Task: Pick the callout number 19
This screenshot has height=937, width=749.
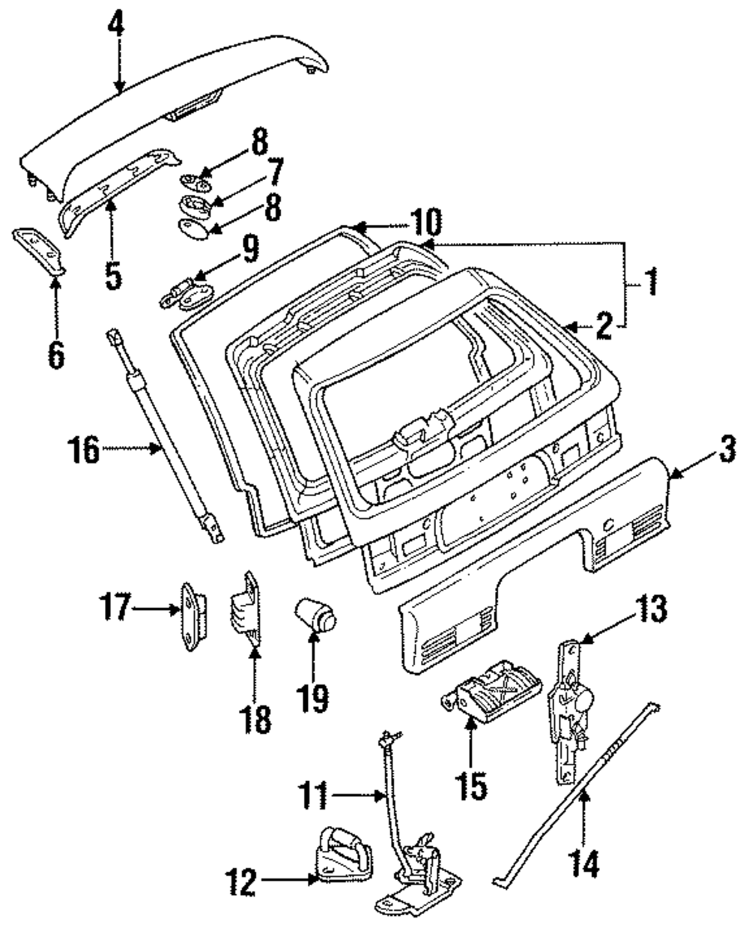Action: [x=314, y=699]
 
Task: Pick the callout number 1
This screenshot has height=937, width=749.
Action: [x=651, y=286]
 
